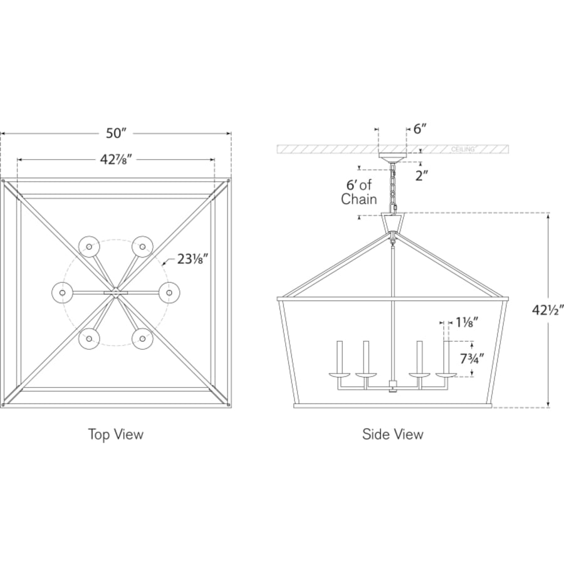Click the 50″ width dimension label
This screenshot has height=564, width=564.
pyautogui.click(x=116, y=133)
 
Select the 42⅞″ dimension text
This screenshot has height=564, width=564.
pyautogui.click(x=116, y=159)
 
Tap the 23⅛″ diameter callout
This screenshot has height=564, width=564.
pyautogui.click(x=192, y=259)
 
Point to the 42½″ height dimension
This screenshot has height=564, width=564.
pyautogui.click(x=548, y=310)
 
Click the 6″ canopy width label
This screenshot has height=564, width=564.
pyautogui.click(x=420, y=128)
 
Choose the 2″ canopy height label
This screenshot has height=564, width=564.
pyautogui.click(x=422, y=176)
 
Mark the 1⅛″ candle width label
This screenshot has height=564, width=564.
pyautogui.click(x=467, y=323)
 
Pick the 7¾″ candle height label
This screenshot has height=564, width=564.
pyautogui.click(x=472, y=358)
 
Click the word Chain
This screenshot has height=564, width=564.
pyautogui.click(x=358, y=199)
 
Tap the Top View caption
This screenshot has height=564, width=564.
pyautogui.click(x=116, y=434)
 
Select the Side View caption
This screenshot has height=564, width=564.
pyautogui.click(x=393, y=434)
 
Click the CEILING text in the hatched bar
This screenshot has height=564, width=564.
pyautogui.click(x=462, y=149)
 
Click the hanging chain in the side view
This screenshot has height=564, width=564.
pyautogui.click(x=393, y=187)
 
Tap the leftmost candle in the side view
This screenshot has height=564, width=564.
pyautogui.click(x=339, y=358)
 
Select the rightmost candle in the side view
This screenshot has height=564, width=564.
pyautogui.click(x=446, y=358)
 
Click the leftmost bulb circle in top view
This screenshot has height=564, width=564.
pyautogui.click(x=62, y=293)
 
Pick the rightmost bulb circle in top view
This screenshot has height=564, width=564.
pyautogui.click(x=169, y=293)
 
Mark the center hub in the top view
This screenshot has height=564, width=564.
pyautogui.click(x=115, y=293)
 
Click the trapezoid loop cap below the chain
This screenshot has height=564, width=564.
pyautogui.click(x=393, y=223)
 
